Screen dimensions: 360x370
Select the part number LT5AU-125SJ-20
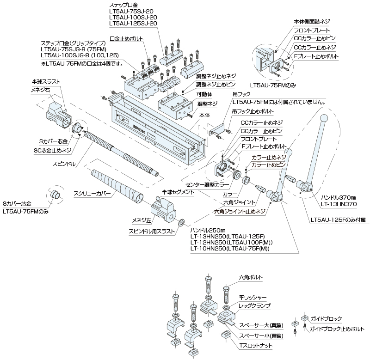(x=133, y=23)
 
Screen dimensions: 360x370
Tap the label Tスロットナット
(x=255, y=345)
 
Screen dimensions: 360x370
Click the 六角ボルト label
(x=251, y=277)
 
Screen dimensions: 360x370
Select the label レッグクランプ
(x=254, y=306)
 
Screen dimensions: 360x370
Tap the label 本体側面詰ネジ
(x=312, y=22)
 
